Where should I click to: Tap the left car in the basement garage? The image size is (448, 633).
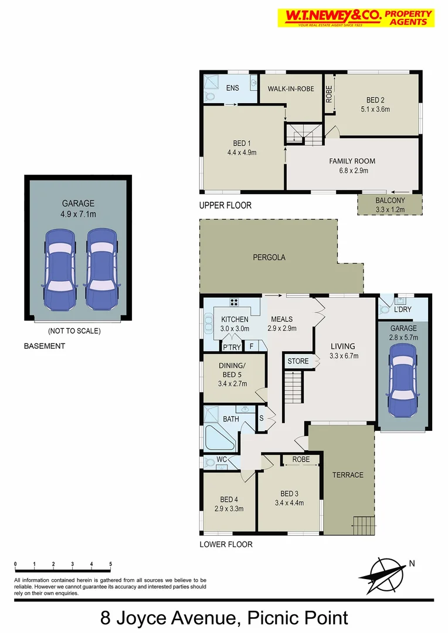pyautogui.click(x=60, y=269)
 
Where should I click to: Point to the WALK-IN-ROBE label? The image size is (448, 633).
pyautogui.click(x=291, y=89)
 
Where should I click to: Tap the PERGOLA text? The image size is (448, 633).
pyautogui.click(x=269, y=257)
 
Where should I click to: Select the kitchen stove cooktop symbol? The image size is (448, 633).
pyautogui.click(x=234, y=302)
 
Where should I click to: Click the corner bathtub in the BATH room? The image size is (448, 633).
pyautogui.click(x=219, y=437)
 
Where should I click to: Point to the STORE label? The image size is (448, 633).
pyautogui.click(x=298, y=361)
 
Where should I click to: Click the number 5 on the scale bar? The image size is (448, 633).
pyautogui.click(x=111, y=564)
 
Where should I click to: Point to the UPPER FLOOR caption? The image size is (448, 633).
pyautogui.click(x=225, y=206)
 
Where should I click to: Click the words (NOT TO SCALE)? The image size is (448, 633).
pyautogui.click(x=74, y=331)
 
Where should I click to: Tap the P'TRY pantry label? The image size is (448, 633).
pyautogui.click(x=232, y=348)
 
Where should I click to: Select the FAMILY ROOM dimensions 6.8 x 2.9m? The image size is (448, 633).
pyautogui.click(x=352, y=171)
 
